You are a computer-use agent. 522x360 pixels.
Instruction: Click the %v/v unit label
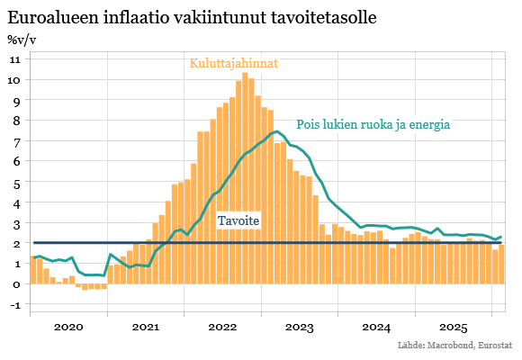click(22, 40)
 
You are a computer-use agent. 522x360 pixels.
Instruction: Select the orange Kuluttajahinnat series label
click(233, 63)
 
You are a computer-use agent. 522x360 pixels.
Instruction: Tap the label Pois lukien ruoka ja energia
click(373, 125)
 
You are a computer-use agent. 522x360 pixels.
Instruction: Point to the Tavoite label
click(239, 221)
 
